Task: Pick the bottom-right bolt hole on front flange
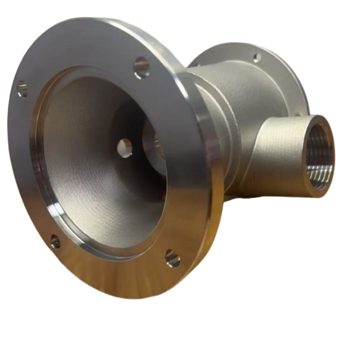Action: [x=172, y=258]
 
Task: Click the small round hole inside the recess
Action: [x=125, y=148]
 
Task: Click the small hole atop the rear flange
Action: [x=257, y=58]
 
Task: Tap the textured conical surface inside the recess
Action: [x=90, y=180]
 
